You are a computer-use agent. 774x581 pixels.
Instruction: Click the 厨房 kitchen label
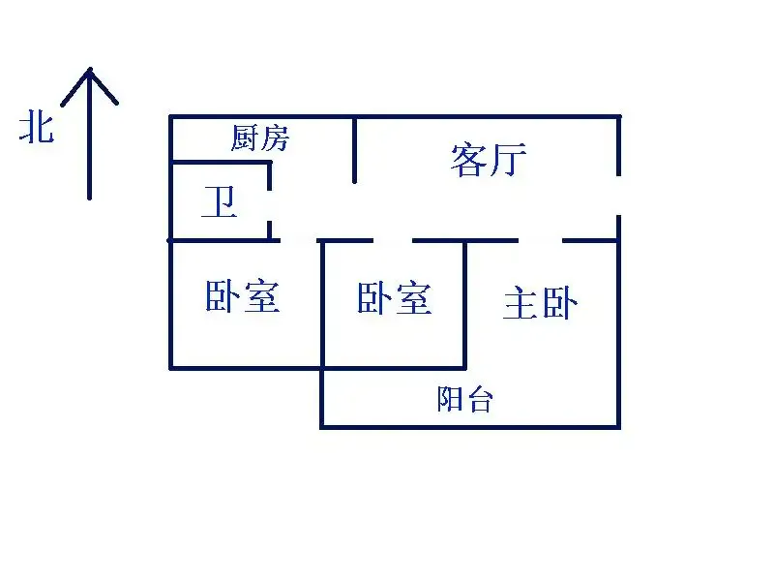coord(259,138)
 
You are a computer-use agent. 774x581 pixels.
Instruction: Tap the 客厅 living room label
coord(489,159)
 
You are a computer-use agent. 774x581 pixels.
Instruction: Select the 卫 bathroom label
coord(220,201)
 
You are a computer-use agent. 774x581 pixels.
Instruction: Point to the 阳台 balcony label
coord(464,399)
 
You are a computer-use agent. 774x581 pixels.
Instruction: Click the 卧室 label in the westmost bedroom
coord(243,296)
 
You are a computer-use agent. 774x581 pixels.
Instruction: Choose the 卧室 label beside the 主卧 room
coord(394,298)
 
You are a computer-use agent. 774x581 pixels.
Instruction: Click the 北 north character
coord(37,127)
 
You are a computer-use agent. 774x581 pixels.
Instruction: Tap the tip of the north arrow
coord(90,68)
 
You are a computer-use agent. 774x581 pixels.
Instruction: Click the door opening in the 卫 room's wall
coord(270,206)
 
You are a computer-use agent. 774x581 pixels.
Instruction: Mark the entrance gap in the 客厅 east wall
coord(618,196)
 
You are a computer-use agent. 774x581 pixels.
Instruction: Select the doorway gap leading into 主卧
coord(540,240)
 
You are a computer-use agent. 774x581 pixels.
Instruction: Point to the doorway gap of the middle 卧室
coord(393,240)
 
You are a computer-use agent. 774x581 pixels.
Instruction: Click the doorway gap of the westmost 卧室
coord(299,240)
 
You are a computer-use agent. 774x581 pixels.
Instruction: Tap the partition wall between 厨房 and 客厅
coord(354,150)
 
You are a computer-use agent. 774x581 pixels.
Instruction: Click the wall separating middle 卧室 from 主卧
coord(464,304)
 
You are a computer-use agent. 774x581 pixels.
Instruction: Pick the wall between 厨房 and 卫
coord(221,162)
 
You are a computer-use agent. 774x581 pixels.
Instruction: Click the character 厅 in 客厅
coord(508,159)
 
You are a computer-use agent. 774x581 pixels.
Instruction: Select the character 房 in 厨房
coord(275,138)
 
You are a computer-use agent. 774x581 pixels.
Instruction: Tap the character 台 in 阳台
coord(479,399)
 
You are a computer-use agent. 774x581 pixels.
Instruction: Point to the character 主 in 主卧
coord(521,303)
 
